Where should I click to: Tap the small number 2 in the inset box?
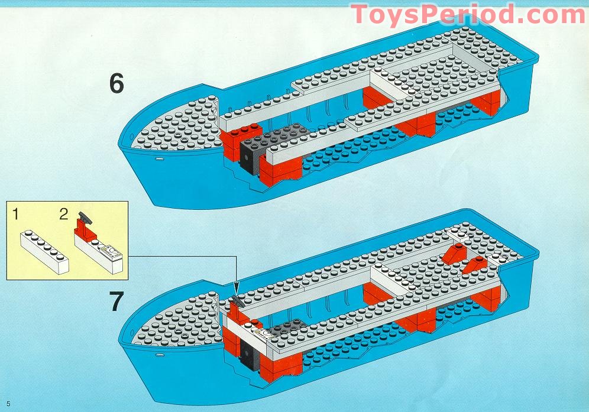64,215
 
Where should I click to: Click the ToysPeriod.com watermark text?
467,14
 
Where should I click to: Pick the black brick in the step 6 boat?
249,154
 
